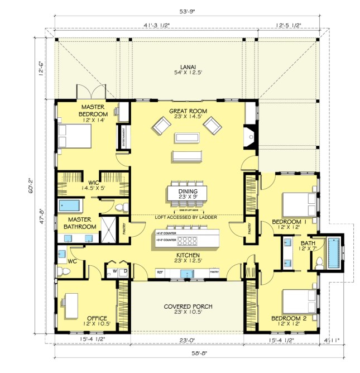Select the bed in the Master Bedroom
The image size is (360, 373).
coord(76,136)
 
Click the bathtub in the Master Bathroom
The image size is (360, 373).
coord(70,205)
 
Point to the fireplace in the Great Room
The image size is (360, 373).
coord(251,136)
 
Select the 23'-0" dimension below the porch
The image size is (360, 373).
coord(187,339)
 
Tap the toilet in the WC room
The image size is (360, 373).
coord(66,271)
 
